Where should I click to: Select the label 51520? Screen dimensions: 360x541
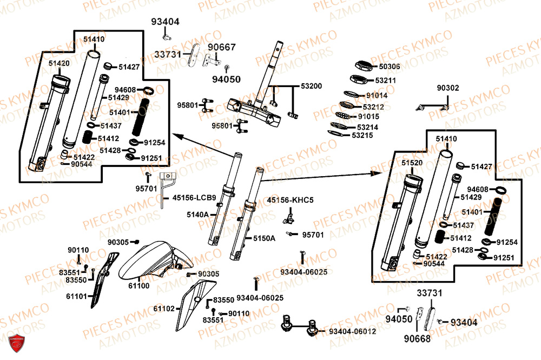(x=412, y=163)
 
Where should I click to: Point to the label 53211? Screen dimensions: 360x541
(x=386, y=81)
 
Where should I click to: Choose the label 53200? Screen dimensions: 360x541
(x=311, y=86)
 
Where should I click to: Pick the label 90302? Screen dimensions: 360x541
(x=448, y=88)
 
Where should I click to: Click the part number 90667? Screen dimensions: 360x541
(x=222, y=48)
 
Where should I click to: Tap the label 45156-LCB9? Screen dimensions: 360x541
(x=194, y=198)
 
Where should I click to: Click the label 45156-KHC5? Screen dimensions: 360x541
(x=290, y=200)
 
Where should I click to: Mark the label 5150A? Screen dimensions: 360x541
(x=265, y=238)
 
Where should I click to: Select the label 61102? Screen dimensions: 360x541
(x=164, y=308)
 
